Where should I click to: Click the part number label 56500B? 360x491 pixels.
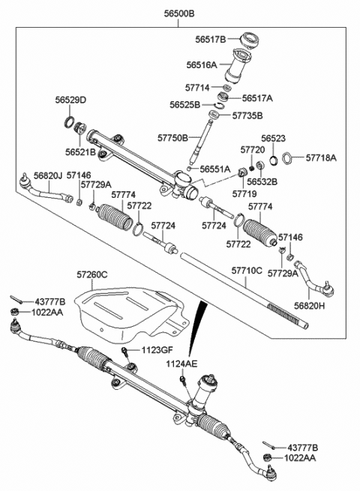(179, 13)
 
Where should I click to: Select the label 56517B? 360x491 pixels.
(211, 40)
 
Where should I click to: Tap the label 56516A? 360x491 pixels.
(202, 64)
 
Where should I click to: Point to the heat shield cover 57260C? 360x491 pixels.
(131, 313)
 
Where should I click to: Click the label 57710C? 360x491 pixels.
(247, 271)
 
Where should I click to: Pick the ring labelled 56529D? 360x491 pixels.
(70, 121)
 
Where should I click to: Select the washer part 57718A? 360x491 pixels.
(287, 158)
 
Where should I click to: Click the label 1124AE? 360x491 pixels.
(181, 364)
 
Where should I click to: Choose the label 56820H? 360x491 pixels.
(310, 305)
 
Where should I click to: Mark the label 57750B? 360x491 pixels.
(172, 138)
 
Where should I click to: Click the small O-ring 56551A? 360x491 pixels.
(189, 169)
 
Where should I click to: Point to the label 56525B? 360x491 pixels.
(184, 105)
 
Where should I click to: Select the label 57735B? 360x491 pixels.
(247, 116)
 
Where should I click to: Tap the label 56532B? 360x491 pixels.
(262, 181)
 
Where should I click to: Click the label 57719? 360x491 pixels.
(244, 194)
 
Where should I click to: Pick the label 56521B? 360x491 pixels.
(80, 152)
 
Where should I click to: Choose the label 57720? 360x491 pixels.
(253, 150)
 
